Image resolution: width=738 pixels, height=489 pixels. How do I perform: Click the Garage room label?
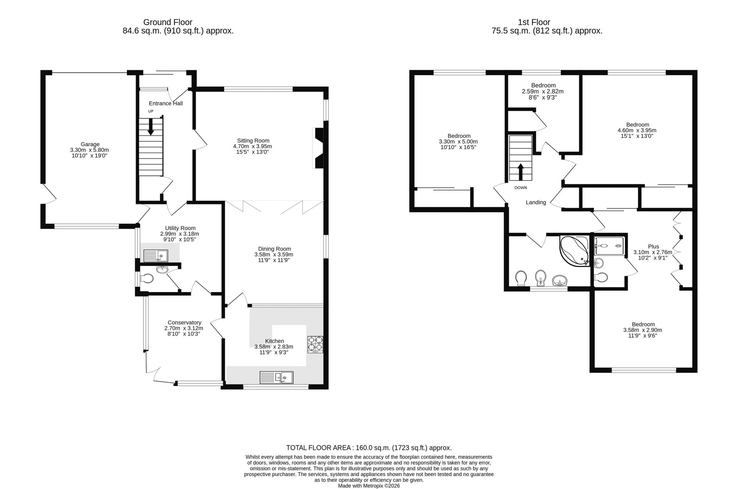point(90,144)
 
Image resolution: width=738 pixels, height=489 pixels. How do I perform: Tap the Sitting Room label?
point(253,140)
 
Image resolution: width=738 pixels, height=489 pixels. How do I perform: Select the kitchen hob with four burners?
point(315,345)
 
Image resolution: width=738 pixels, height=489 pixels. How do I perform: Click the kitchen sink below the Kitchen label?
point(276,377)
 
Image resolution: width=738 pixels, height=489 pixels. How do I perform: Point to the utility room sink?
point(156,255)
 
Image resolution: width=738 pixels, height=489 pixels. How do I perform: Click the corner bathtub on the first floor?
point(574,251)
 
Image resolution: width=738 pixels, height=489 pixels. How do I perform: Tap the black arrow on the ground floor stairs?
point(151,127)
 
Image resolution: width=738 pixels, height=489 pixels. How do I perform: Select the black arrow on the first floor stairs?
point(521,172)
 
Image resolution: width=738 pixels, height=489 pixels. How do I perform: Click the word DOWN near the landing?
point(521,188)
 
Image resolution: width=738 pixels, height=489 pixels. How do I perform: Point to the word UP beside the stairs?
point(151,111)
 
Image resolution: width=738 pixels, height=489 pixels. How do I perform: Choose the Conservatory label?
point(184,322)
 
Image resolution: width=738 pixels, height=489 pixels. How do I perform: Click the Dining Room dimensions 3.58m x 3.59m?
point(274,254)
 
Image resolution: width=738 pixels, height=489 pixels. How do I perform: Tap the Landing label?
point(536,202)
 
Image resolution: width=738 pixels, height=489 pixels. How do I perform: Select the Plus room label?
point(653,247)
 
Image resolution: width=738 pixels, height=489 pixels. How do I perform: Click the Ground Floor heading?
point(168,22)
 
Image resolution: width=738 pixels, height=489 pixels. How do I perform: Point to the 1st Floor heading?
point(534,22)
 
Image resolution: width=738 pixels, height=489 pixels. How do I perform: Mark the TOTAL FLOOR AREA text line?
point(369,448)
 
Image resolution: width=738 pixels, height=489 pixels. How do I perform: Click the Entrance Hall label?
point(166,103)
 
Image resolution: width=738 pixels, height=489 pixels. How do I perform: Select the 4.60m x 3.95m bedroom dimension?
point(637,130)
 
